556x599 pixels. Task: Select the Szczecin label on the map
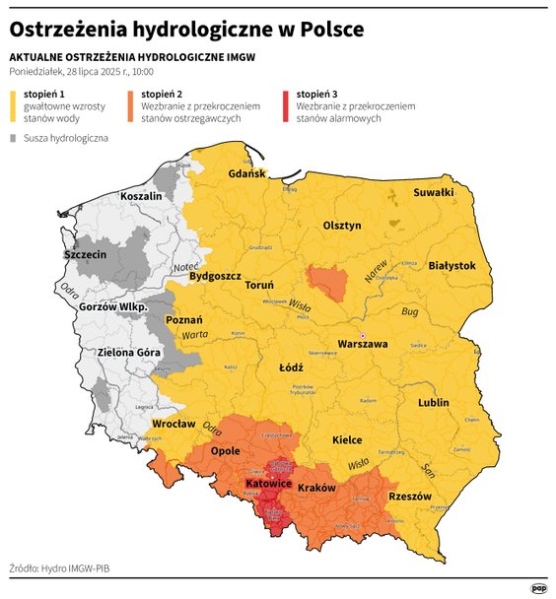(84, 254)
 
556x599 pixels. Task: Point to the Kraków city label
(316, 488)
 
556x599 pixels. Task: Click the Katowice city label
(267, 484)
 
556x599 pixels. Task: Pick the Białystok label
(452, 265)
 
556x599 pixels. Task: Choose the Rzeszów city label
(410, 497)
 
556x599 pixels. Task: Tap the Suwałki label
(433, 192)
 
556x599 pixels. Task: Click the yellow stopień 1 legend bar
(12, 107)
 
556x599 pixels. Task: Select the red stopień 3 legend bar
(285, 107)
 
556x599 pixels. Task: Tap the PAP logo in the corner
(538, 588)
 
